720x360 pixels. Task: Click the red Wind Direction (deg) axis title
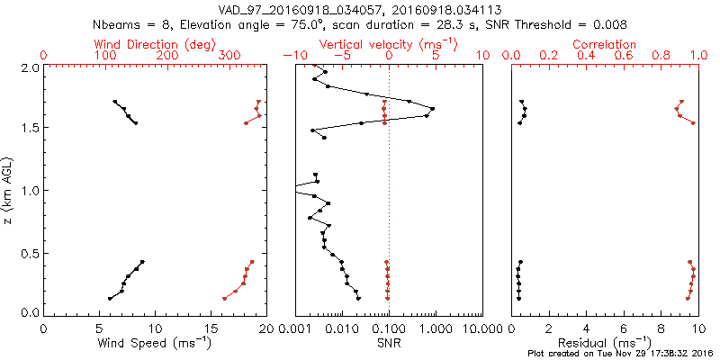point(155,44)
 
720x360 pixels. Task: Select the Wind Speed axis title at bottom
point(155,343)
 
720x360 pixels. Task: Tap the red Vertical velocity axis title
point(388,44)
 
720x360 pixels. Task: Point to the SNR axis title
point(388,343)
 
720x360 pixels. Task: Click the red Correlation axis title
point(605,44)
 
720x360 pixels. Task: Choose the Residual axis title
point(605,343)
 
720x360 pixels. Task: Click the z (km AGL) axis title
point(9,189)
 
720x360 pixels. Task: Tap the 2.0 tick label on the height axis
point(29,67)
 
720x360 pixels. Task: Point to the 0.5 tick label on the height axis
point(29,252)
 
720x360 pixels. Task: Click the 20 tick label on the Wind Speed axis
point(265,328)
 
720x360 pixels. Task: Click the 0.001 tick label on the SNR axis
point(295,328)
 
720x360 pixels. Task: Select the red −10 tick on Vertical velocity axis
point(290,56)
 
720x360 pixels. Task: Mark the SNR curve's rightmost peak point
point(433,109)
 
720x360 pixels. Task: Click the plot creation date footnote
point(620,354)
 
